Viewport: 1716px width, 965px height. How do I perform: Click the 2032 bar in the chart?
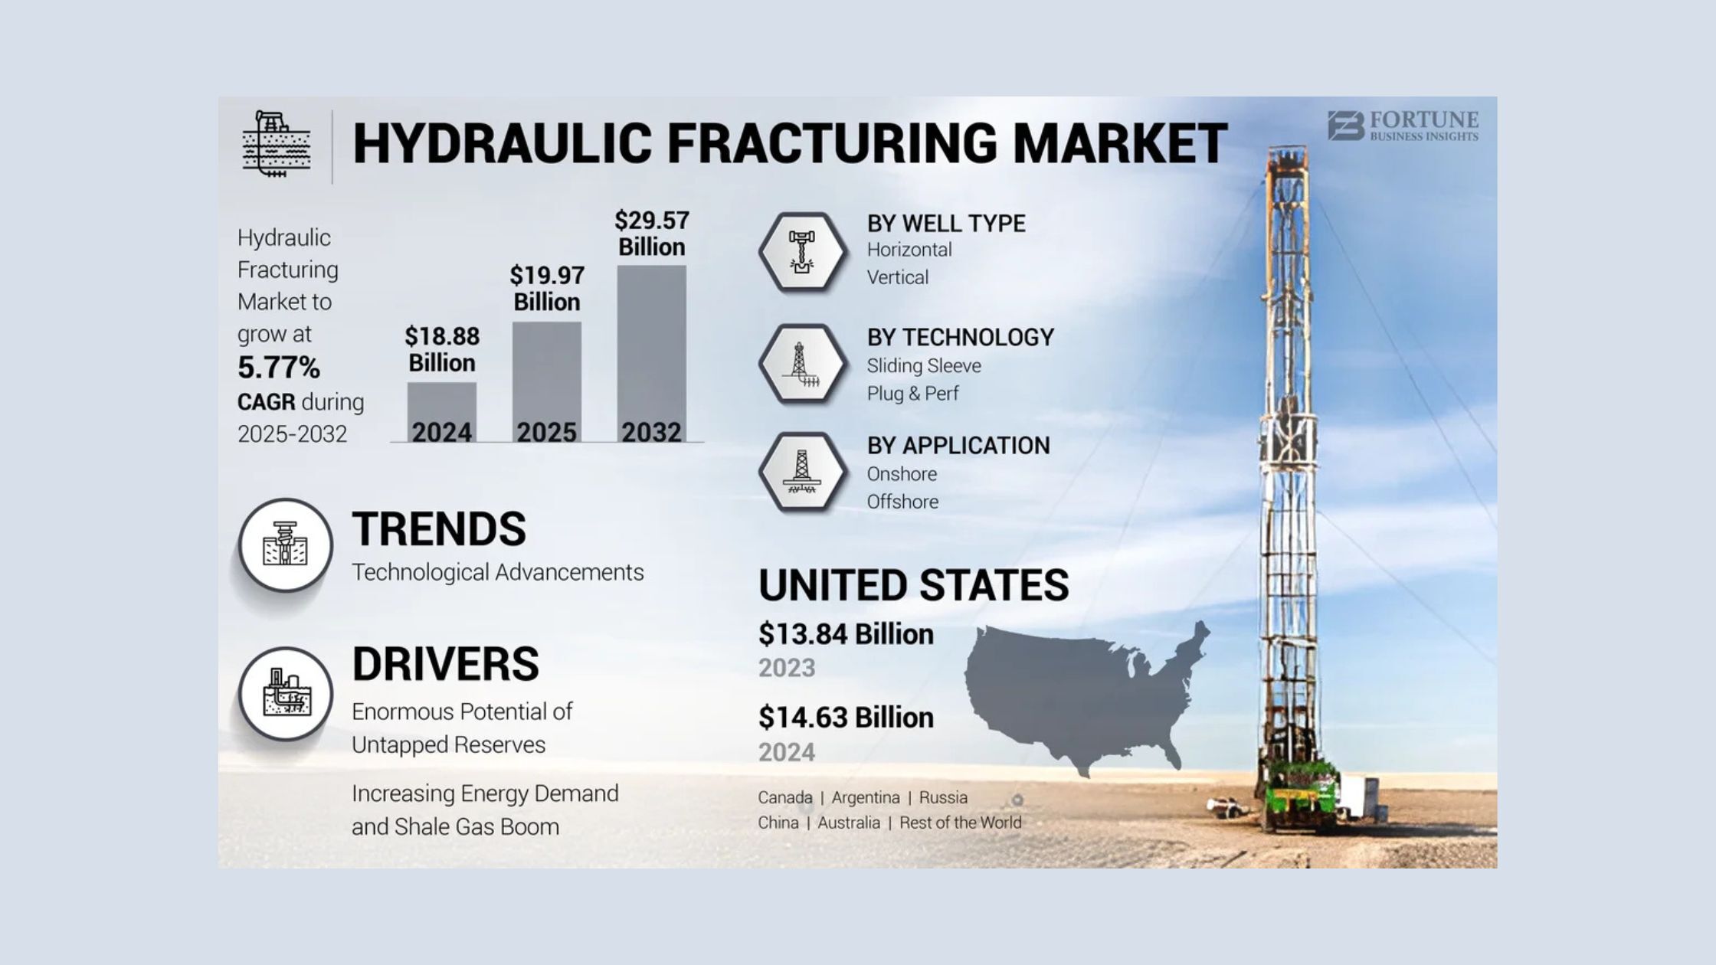tap(652, 353)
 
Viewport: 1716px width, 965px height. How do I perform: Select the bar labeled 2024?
tap(442, 412)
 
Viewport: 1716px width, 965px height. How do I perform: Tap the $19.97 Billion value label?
tap(547, 288)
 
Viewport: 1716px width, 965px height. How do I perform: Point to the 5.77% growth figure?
tap(279, 368)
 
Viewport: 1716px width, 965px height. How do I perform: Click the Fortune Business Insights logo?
tap(1403, 126)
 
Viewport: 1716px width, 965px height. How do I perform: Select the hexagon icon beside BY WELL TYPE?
tap(802, 252)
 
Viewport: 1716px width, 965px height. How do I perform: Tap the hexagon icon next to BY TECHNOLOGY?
tap(802, 364)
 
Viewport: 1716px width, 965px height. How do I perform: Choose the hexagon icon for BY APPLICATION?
tap(802, 472)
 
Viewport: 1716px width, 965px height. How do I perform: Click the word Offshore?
tap(902, 502)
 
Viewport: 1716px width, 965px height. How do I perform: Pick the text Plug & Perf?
tap(912, 394)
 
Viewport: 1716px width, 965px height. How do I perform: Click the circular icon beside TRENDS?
tap(285, 545)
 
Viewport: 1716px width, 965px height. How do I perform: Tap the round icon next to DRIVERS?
tap(285, 694)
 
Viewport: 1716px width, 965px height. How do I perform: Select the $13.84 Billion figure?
tap(846, 634)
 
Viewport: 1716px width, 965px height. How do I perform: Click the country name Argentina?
tap(866, 798)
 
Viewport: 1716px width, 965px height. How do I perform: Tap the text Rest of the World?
tap(961, 823)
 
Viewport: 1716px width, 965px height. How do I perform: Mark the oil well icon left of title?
tap(277, 144)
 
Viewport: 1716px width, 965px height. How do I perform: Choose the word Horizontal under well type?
tap(909, 250)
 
